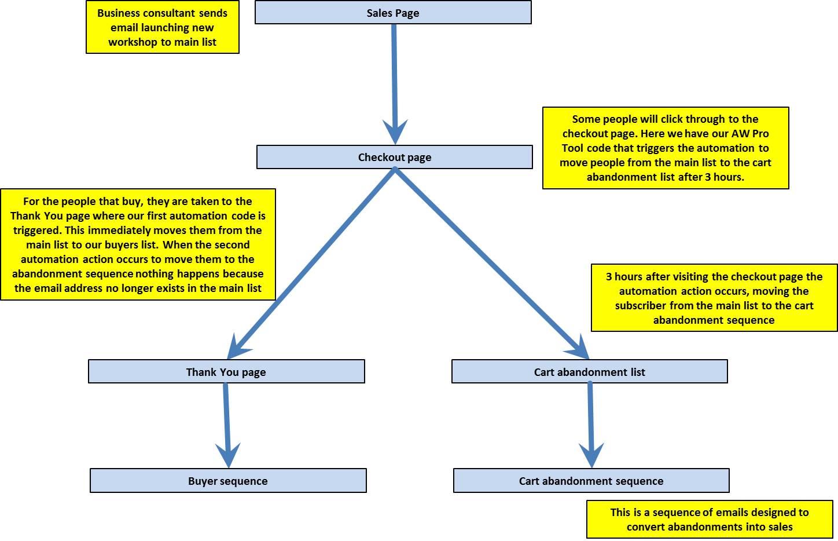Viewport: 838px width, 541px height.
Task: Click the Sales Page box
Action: pyautogui.click(x=393, y=12)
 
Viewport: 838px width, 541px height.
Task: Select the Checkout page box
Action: pyautogui.click(x=394, y=157)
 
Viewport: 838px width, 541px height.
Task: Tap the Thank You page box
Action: pyautogui.click(x=226, y=371)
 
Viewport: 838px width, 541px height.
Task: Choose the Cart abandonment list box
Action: pyautogui.click(x=590, y=371)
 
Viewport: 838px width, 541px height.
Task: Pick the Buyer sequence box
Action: pyautogui.click(x=228, y=480)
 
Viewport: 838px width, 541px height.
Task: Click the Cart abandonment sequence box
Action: pyautogui.click(x=591, y=480)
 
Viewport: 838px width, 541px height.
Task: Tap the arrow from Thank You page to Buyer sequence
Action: pyautogui.click(x=227, y=425)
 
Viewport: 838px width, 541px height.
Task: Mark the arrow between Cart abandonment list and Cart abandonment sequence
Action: pyautogui.click(x=591, y=425)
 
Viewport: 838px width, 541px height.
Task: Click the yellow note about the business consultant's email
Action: pyautogui.click(x=163, y=27)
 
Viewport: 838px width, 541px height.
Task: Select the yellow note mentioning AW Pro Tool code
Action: pyautogui.click(x=666, y=148)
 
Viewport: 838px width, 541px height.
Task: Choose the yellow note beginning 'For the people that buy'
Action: pyautogui.click(x=138, y=244)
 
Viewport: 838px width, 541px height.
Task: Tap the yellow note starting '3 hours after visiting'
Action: pyautogui.click(x=714, y=298)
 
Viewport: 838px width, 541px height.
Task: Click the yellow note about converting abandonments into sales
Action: pyautogui.click(x=710, y=520)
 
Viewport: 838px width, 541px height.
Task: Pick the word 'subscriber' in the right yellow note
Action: pyautogui.click(x=641, y=305)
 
